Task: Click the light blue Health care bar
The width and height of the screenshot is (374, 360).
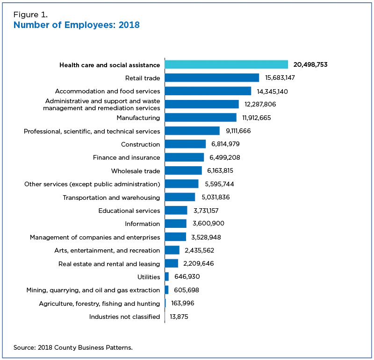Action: (226, 64)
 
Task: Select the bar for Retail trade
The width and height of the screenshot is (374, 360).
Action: (212, 78)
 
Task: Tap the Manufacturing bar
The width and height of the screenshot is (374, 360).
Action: (201, 118)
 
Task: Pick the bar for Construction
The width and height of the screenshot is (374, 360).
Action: (185, 144)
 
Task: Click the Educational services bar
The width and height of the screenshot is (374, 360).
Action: (176, 211)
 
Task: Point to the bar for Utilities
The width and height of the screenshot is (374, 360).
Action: (167, 277)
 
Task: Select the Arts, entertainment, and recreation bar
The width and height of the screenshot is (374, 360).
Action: (172, 250)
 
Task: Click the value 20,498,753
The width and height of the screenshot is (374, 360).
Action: (310, 64)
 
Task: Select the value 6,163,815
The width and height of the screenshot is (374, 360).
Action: (223, 171)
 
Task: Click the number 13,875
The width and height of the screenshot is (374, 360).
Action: (179, 317)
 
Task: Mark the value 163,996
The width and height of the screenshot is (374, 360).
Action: (183, 304)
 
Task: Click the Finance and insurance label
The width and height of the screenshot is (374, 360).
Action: (126, 157)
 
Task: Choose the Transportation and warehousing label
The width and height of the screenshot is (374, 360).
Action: (111, 198)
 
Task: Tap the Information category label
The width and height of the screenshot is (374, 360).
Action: (143, 224)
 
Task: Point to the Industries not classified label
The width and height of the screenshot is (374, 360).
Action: (124, 317)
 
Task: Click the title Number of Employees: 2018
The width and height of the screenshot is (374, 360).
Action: (77, 25)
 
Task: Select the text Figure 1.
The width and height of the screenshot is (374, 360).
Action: (30, 14)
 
